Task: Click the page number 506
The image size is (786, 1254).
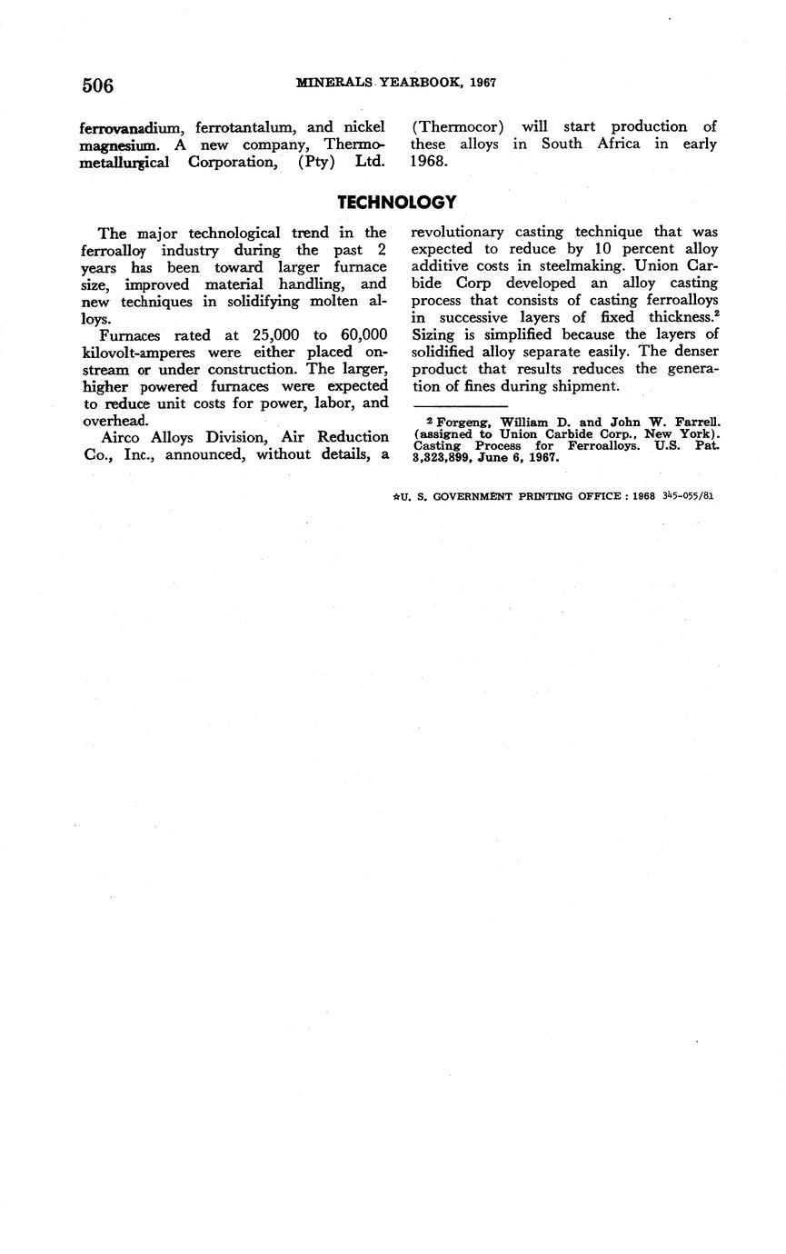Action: (97, 85)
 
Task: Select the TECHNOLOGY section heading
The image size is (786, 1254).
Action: (396, 202)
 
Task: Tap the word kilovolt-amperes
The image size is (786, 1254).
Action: (141, 353)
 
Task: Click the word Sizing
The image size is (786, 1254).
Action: (433, 334)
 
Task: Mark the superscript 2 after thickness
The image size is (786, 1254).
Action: (716, 313)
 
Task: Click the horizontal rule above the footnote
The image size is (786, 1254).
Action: (459, 404)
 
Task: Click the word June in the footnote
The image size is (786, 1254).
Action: (507, 458)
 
